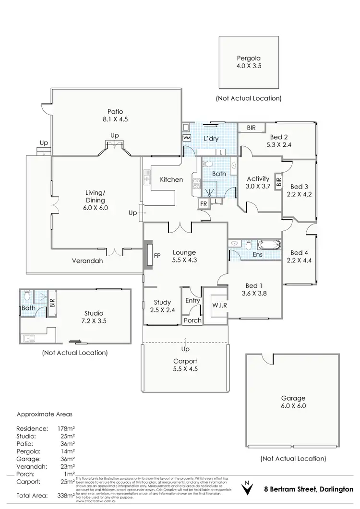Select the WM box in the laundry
(x=187, y=138)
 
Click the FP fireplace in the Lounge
(x=156, y=256)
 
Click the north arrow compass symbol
(x=248, y=488)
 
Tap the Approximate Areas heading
(x=44, y=414)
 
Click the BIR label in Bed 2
(x=251, y=128)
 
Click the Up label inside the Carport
(x=185, y=349)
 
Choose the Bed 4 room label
(x=297, y=257)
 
